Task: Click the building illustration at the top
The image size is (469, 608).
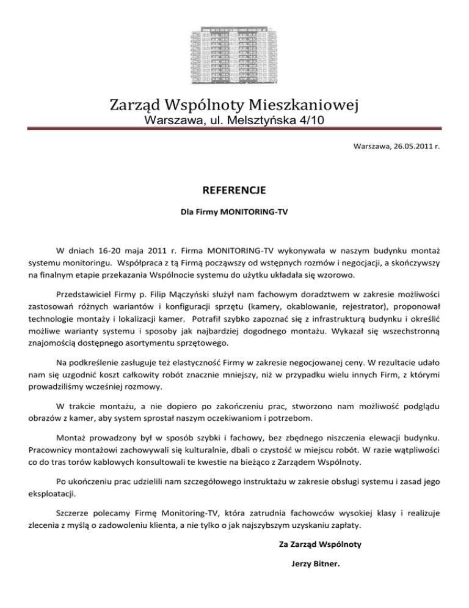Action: tap(234, 52)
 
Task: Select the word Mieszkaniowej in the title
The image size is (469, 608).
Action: tap(309, 106)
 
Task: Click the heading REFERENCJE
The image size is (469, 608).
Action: tap(234, 191)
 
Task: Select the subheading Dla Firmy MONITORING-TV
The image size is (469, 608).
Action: tap(234, 215)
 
